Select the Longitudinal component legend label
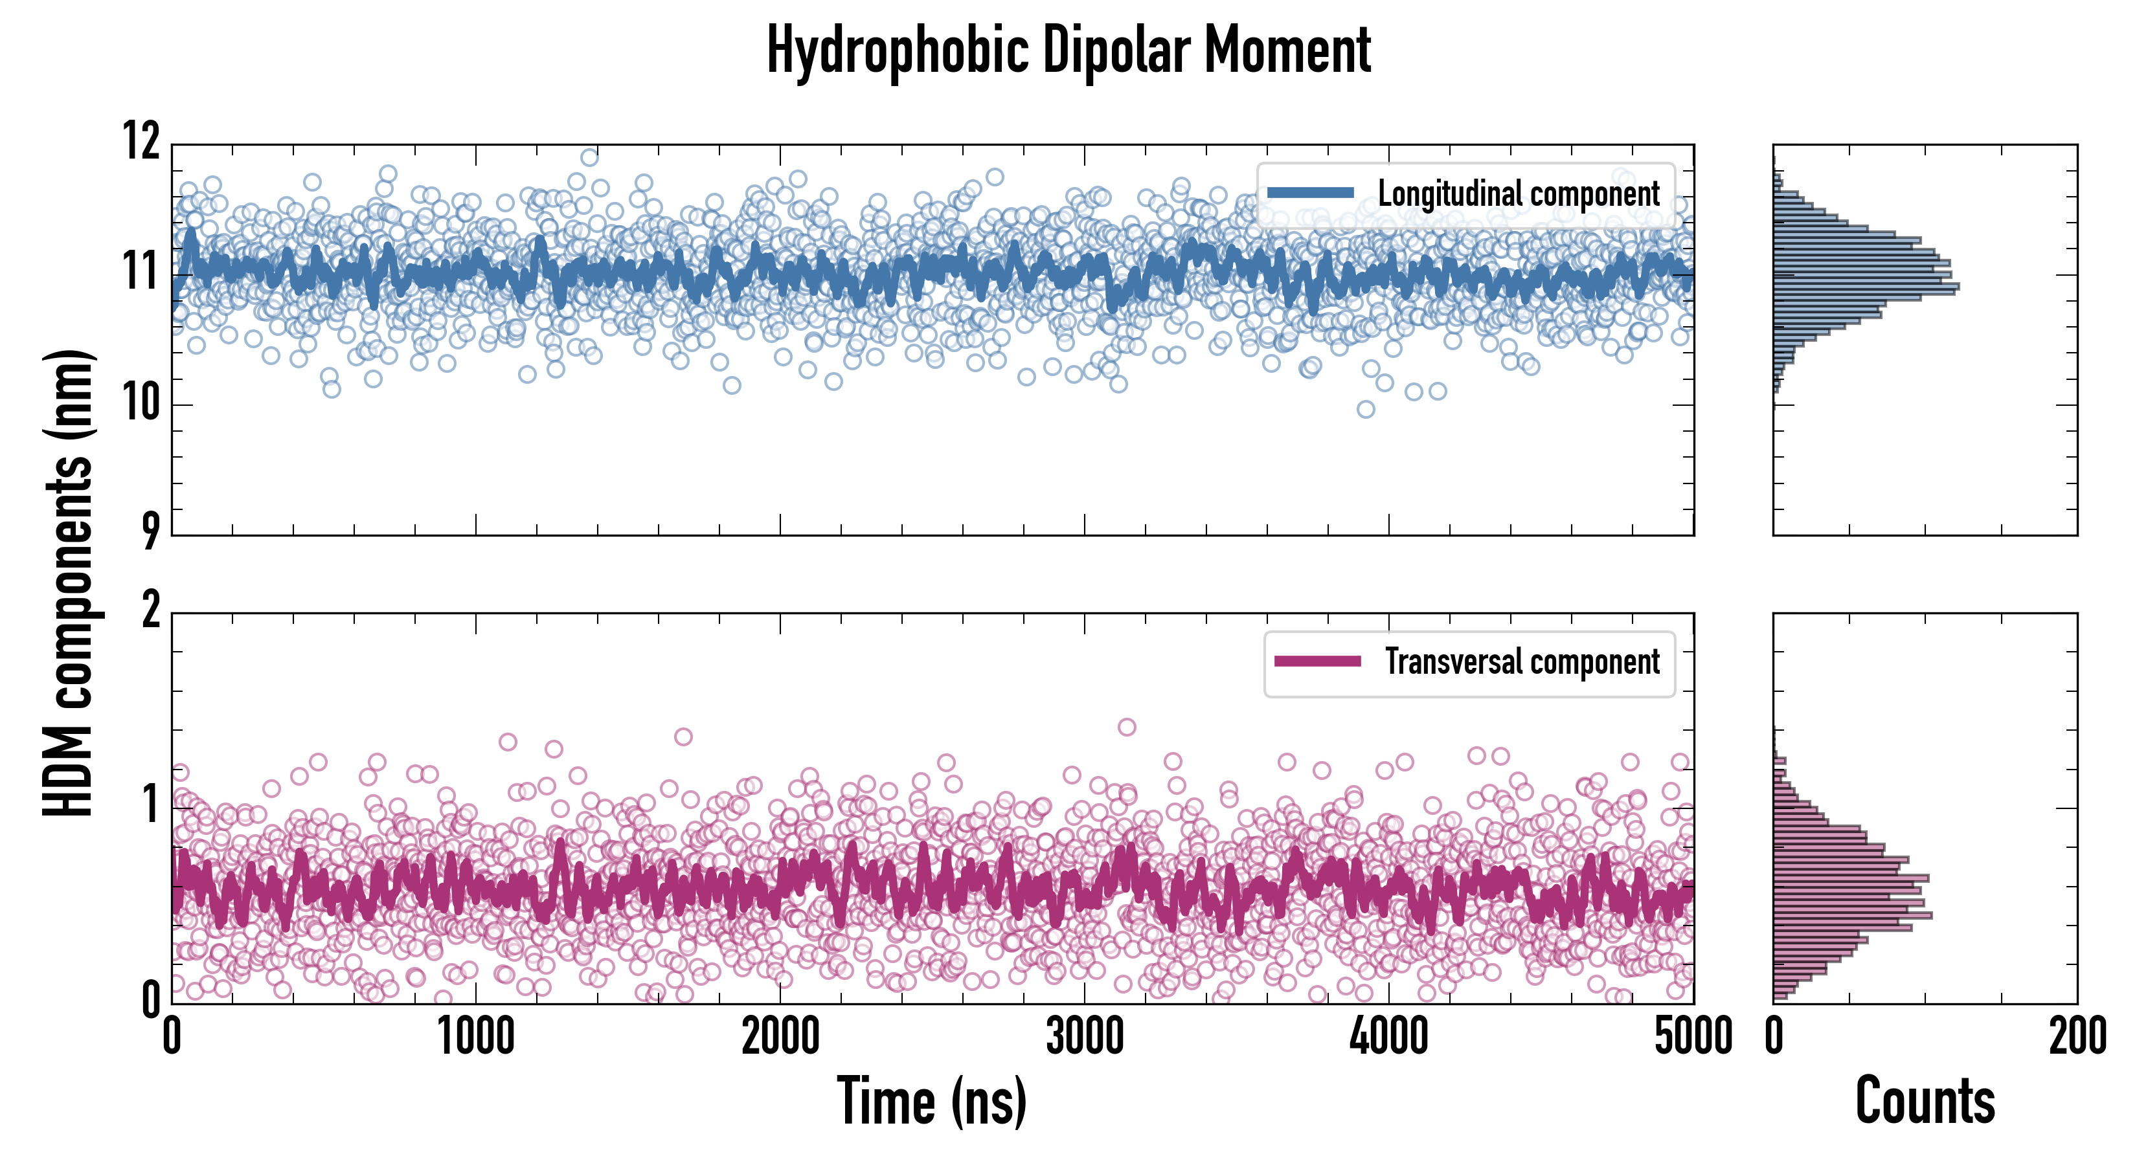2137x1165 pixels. point(1518,194)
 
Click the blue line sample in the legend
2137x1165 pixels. point(1311,194)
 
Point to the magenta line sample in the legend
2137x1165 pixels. point(1317,661)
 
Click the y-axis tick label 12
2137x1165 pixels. point(142,141)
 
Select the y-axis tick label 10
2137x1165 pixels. point(142,404)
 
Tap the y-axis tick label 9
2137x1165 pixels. point(150,531)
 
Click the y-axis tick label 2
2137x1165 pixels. point(150,611)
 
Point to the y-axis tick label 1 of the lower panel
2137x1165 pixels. point(150,805)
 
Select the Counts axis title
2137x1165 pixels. point(1925,1101)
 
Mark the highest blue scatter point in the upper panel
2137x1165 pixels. point(589,157)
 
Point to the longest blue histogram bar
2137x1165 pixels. point(1866,287)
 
